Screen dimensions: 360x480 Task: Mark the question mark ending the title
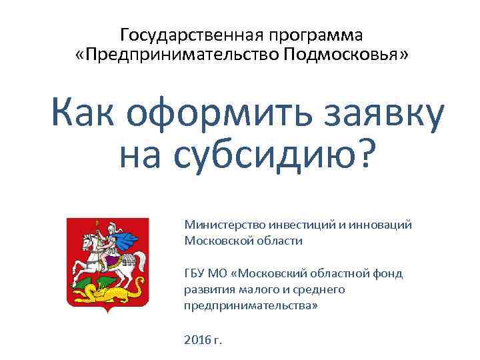tap(365, 155)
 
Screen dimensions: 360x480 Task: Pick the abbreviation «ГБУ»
tap(195, 273)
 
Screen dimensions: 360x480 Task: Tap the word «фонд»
tap(390, 273)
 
